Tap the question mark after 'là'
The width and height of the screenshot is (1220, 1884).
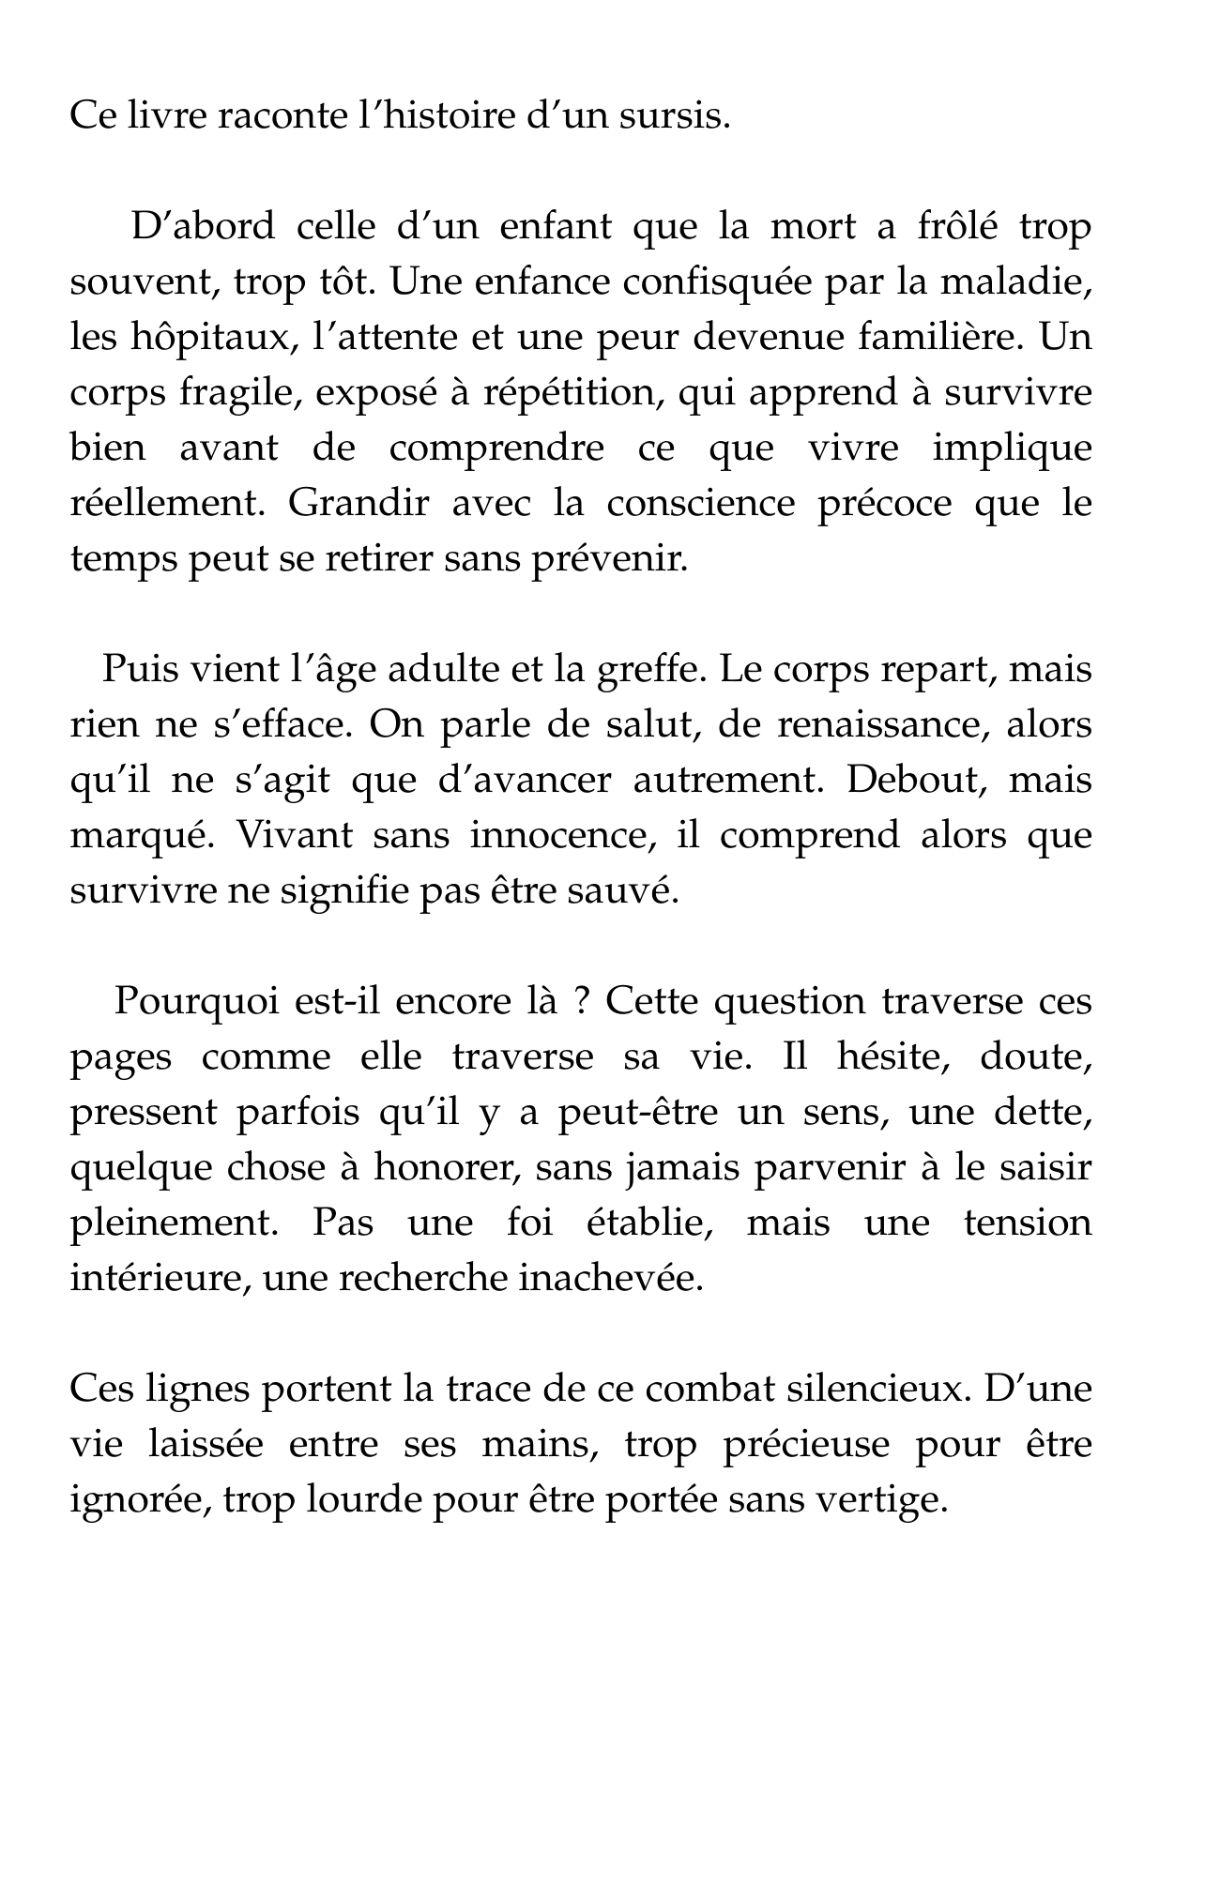[581, 1003]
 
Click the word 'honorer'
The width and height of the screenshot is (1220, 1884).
[441, 1169]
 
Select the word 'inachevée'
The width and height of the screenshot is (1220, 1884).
[611, 1280]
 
